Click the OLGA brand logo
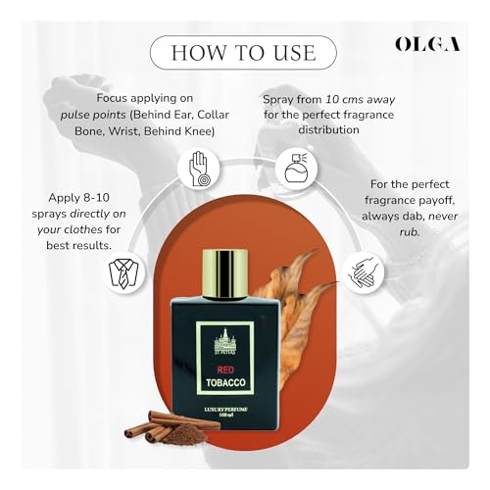click(x=428, y=44)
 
